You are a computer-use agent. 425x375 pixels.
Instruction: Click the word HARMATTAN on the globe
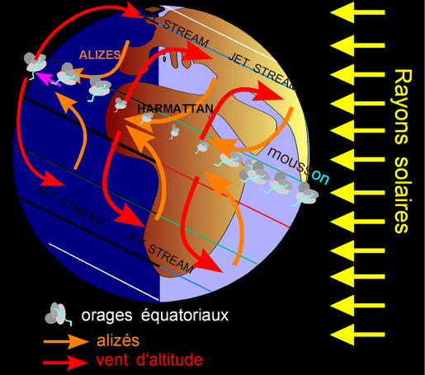coord(175,109)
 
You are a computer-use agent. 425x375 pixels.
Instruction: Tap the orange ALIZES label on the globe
coord(100,55)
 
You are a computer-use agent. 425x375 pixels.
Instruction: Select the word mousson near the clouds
coord(298,166)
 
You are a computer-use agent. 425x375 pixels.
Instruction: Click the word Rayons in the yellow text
coord(404,106)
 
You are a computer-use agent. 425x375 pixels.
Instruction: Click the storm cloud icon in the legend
coord(59,314)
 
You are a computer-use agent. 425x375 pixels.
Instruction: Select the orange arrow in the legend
coord(66,341)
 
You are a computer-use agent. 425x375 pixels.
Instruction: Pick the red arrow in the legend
coord(65,363)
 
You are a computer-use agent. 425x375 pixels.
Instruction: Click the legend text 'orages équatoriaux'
coord(155,316)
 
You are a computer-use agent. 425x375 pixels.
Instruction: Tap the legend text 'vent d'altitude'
coord(149,360)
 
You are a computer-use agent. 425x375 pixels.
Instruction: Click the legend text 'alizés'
coord(118,340)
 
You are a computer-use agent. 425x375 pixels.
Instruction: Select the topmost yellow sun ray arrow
coord(357,12)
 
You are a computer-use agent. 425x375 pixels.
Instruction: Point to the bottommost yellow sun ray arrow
coord(357,335)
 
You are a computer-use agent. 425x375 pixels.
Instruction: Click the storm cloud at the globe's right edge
coord(306,194)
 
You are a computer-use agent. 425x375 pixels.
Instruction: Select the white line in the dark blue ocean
coord(104,272)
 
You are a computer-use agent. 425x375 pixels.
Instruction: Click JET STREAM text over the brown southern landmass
coord(158,253)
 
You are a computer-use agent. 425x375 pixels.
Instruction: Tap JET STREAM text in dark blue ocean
coord(69,206)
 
